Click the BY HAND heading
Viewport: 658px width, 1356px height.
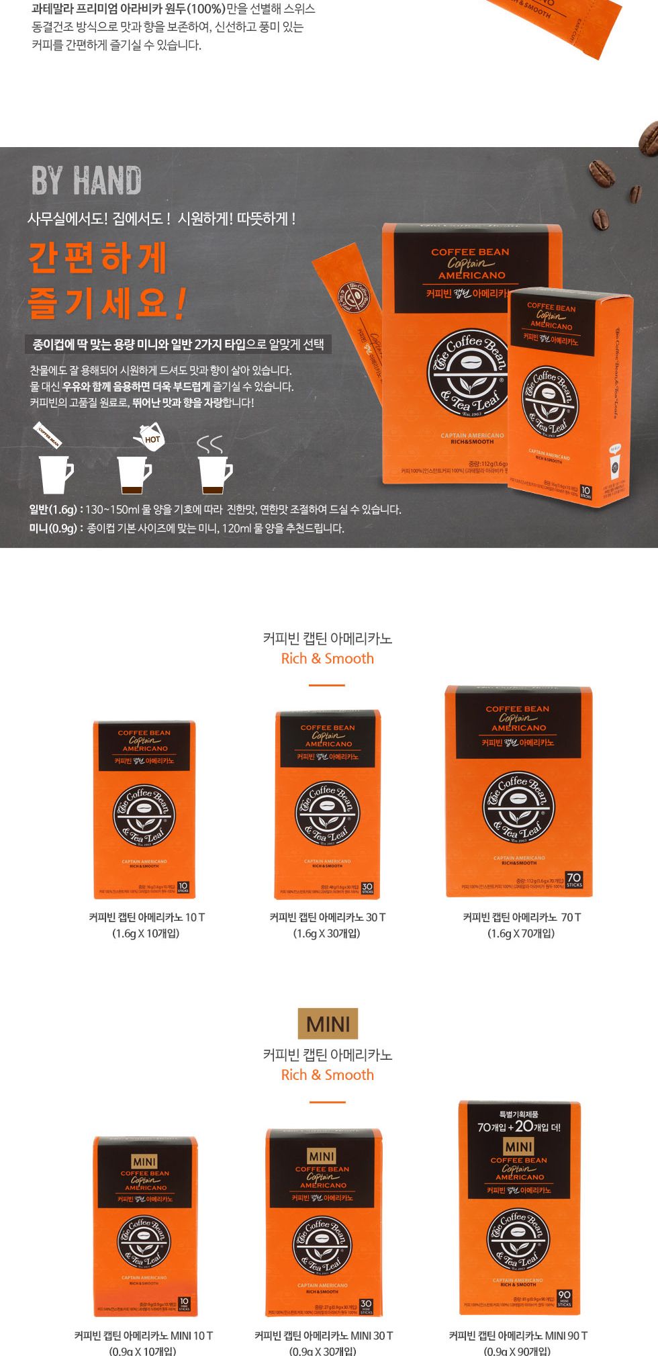(86, 180)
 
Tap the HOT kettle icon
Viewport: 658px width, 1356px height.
(149, 437)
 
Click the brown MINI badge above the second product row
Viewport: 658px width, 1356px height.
(328, 1024)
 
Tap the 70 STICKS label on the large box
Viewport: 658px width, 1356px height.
(574, 880)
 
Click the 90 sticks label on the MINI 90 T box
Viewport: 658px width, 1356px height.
(564, 1298)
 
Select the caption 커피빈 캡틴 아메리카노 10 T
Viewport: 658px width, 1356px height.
(146, 917)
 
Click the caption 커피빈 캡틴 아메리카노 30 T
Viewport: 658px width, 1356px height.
(327, 917)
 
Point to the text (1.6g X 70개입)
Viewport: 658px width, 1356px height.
(521, 933)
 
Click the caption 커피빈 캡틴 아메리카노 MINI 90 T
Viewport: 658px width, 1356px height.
(518, 1335)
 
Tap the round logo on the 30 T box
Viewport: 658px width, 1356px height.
(328, 813)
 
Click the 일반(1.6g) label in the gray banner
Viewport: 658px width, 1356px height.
(54, 510)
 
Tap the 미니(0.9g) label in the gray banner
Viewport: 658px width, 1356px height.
(54, 529)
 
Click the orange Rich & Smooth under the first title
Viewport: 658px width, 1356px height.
(327, 658)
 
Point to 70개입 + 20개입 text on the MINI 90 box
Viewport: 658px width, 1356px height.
(518, 1126)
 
